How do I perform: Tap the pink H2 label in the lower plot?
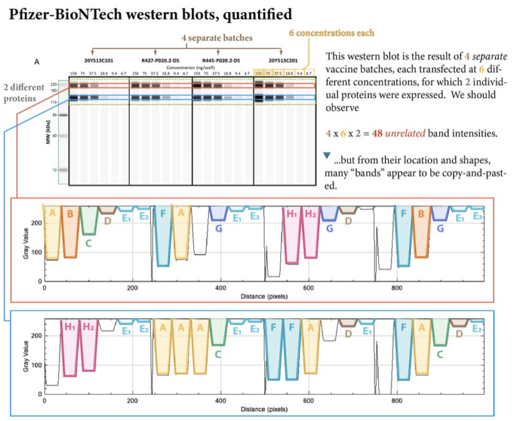(x=88, y=327)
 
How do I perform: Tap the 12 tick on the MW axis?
(x=60, y=170)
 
